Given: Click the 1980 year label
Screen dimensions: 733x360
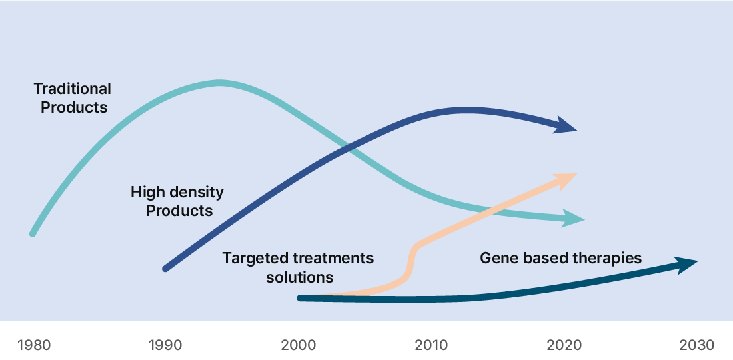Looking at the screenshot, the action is point(34,345).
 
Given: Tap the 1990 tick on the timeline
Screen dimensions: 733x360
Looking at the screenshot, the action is point(165,345).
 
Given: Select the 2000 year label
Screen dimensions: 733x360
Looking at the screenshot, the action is point(299,345).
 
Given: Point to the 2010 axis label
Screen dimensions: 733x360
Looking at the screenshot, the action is point(431,345).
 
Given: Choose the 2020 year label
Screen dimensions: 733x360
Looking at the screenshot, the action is point(564,345).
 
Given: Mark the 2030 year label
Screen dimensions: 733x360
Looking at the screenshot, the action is point(696,345).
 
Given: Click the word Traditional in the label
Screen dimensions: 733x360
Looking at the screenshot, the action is point(73,89).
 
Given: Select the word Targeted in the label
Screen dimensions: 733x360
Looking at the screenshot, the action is point(255,258).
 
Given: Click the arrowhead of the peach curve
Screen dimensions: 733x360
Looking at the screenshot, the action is point(567,181).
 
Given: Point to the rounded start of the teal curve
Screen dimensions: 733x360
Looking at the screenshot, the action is point(33,233).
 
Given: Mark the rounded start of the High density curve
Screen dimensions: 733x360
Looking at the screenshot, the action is point(165,269).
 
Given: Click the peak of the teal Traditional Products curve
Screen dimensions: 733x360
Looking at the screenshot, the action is point(219,83).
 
